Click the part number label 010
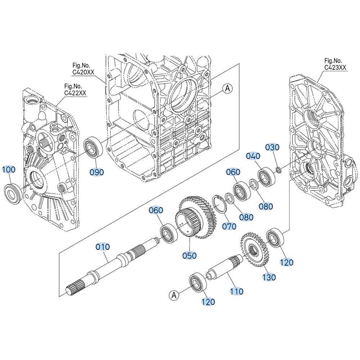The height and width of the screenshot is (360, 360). point(103,247)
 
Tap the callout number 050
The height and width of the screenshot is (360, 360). point(189,256)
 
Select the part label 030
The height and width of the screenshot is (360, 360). point(272,147)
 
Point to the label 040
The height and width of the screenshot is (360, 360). point(253,156)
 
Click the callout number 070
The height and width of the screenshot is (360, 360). point(229,226)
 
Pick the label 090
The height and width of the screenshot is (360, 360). point(96,172)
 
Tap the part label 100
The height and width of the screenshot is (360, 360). point(9,170)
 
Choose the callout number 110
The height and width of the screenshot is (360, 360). point(237,291)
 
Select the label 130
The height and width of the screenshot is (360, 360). point(269,277)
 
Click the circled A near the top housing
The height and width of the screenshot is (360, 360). point(228,88)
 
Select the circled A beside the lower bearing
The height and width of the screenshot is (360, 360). point(174,295)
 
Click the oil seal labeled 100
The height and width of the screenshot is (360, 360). point(14,193)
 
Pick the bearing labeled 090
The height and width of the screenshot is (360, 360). point(93,147)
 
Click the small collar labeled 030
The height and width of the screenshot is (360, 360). point(278,171)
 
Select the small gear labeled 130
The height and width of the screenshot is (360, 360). point(255,249)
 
